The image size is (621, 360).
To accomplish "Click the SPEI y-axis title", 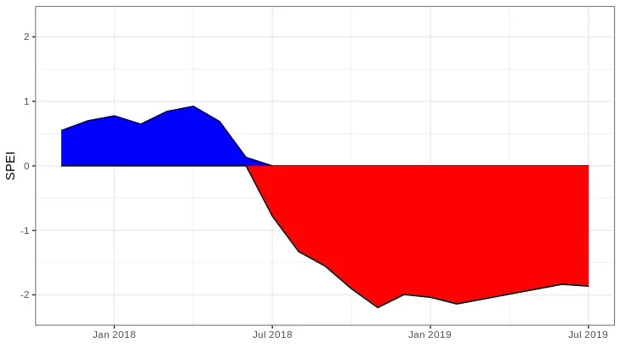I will pos(10,165).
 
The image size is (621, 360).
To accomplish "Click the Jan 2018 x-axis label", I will pos(114,334).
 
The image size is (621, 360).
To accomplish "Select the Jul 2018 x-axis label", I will pos(272,334).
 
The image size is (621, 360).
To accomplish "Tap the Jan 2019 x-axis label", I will pos(430,334).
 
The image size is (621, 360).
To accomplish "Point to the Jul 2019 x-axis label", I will pos(588,334).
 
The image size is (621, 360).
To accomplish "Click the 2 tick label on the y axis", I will pos(27,37).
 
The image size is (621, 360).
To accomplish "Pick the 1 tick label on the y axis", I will pos(27,101).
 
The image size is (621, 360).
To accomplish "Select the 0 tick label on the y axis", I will pos(27,166).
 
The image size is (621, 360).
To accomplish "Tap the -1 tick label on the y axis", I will pos(26,231).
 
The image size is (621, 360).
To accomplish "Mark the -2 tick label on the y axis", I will pos(26,294).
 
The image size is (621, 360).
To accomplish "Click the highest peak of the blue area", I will pos(193,106).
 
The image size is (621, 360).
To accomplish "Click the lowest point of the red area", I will pos(378,307).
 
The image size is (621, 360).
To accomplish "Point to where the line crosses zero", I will pos(247,166).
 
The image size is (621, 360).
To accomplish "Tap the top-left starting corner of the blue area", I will pos(62,130).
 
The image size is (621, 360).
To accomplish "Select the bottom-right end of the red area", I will pos(588,286).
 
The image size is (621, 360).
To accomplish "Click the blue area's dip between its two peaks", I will pos(140,124).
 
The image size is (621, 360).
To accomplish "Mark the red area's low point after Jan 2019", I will pos(456,304).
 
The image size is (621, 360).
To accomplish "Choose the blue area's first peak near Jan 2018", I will pos(114,116).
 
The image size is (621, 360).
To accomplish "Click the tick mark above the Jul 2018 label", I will pos(272,327).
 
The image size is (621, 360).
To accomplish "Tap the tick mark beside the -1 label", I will pos(34,231).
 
